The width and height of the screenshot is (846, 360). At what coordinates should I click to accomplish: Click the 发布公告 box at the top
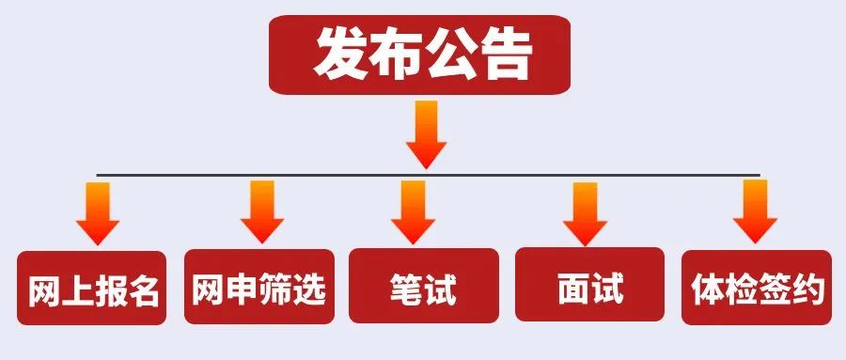[x=420, y=54]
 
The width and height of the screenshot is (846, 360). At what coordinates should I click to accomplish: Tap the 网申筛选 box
[x=258, y=289]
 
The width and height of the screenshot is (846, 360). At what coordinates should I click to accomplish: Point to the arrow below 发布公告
[x=425, y=133]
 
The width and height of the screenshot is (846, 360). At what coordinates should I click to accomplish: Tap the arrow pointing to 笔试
[x=413, y=212]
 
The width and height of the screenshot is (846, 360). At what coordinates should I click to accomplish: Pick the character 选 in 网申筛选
[x=309, y=290]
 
